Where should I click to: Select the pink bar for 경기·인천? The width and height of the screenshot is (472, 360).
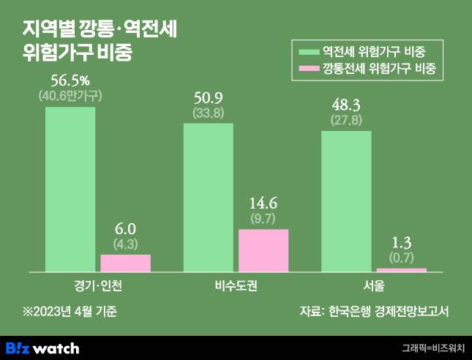coord(125,263)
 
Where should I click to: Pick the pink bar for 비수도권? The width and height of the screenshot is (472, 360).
coord(263,251)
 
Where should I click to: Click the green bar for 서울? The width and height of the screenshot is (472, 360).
coord(346,201)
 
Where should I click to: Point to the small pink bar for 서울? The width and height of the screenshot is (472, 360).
coord(401,270)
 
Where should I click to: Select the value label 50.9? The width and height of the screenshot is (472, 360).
coord(208,97)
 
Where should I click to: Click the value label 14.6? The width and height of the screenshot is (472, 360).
coord(263,203)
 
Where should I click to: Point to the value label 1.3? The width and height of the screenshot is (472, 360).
coord(401,241)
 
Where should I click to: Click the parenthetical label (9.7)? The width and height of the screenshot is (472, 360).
coord(263,218)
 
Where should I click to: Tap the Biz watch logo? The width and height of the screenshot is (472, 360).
coord(42,348)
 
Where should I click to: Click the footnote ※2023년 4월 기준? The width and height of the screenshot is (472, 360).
coord(70,311)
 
